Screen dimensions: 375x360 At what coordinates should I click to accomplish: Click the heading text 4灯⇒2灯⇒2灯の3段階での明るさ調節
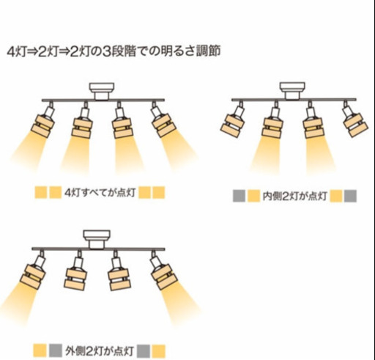pyautogui.click(x=114, y=51)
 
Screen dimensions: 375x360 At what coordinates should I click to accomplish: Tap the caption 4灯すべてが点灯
pyautogui.click(x=100, y=193)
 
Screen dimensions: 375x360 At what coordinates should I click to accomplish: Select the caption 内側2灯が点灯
pyautogui.click(x=294, y=196)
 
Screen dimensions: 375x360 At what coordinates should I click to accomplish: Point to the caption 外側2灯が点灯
pyautogui.click(x=100, y=351)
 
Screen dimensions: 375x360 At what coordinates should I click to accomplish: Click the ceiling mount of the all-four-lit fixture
pyautogui.click(x=102, y=91)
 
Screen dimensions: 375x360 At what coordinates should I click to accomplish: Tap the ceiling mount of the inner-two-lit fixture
pyautogui.click(x=292, y=91)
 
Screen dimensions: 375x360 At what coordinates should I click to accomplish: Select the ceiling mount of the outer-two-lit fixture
pyautogui.click(x=97, y=239)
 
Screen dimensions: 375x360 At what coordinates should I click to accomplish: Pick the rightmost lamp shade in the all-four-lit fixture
pyautogui.click(x=163, y=125)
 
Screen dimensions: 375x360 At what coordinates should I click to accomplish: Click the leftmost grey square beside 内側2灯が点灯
pyautogui.click(x=239, y=196)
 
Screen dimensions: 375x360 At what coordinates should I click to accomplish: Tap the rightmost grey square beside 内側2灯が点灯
pyautogui.click(x=350, y=196)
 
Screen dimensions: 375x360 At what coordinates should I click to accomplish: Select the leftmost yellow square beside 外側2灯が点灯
pyautogui.click(x=40, y=350)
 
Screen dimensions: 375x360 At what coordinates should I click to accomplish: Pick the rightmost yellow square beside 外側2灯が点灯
pyautogui.click(x=158, y=351)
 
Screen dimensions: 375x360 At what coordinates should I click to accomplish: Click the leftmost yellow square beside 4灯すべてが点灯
pyautogui.click(x=41, y=193)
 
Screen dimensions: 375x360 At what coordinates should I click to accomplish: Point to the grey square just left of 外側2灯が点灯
pyautogui.click(x=55, y=350)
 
